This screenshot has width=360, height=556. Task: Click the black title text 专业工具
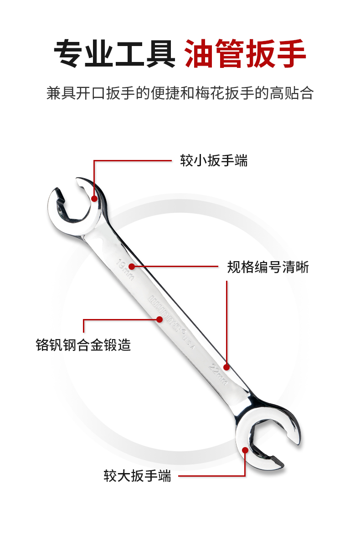(x=115, y=54)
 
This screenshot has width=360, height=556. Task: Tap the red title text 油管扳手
(x=245, y=54)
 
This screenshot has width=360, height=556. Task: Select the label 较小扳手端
(x=214, y=160)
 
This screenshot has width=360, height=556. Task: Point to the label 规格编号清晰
(x=268, y=267)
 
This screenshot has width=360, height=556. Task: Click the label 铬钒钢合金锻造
(x=83, y=345)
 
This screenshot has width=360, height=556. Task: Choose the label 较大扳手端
(x=138, y=476)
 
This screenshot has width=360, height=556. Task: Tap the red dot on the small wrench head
(x=94, y=198)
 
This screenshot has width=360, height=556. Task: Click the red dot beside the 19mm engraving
(x=132, y=266)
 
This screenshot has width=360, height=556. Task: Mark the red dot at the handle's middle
(x=159, y=319)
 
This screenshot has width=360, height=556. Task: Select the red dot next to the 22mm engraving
(x=226, y=366)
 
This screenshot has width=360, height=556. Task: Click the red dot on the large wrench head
(x=245, y=450)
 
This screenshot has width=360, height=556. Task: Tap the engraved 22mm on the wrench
(x=218, y=373)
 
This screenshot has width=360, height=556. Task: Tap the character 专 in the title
(x=69, y=54)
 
